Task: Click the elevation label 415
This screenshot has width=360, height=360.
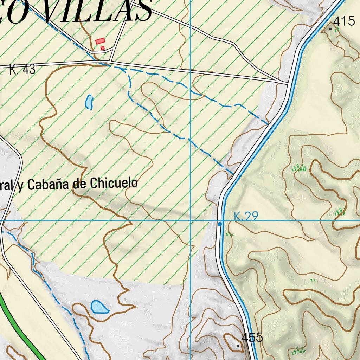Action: pos(344,21)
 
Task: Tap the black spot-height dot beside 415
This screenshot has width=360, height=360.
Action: pos(330,29)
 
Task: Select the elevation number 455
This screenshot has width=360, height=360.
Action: pos(252,337)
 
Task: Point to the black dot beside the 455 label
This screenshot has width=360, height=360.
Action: pos(238,346)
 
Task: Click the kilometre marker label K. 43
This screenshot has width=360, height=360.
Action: pos(22,70)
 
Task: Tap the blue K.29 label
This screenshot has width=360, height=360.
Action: pos(246,216)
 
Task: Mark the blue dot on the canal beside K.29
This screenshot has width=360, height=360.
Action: pos(220,224)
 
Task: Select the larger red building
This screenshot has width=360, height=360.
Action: pos(100,41)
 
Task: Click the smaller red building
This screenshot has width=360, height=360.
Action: pos(103,48)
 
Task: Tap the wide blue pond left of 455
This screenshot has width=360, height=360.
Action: pos(99,307)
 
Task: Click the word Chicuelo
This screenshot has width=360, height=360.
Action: pos(114,183)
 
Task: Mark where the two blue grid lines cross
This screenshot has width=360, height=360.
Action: pos(190,220)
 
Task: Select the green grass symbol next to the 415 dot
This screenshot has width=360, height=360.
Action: pos(336,30)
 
